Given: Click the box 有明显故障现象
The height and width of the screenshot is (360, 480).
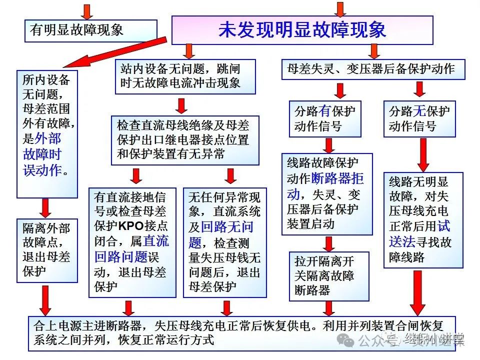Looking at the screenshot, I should click(90, 30).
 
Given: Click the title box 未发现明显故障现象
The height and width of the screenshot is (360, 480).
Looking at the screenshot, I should click(302, 30).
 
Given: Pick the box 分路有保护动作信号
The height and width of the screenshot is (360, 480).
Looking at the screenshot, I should click(324, 119).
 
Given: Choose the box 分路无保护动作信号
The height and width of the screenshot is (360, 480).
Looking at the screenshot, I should click(419, 119).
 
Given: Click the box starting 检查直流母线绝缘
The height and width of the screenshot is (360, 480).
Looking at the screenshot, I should click(185, 140).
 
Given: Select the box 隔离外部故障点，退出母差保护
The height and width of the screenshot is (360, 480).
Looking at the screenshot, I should click(47, 250).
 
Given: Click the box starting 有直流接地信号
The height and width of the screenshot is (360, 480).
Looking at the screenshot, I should click(132, 241).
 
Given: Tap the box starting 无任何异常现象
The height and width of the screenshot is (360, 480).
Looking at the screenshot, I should click(224, 241).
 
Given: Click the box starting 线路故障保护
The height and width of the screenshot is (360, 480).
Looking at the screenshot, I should click(327, 193).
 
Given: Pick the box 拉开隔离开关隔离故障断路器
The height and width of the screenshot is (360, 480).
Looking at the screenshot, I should click(328, 276).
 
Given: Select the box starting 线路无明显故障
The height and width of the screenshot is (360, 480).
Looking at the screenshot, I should click(423, 220).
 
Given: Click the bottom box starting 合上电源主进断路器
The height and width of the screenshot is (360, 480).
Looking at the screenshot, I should click(242, 333).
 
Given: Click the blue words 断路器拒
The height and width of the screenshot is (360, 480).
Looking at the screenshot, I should click(337, 178).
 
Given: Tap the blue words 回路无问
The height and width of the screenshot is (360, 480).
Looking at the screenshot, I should click(227, 227).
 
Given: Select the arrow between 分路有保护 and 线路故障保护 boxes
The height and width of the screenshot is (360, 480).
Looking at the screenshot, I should click(329, 145).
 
